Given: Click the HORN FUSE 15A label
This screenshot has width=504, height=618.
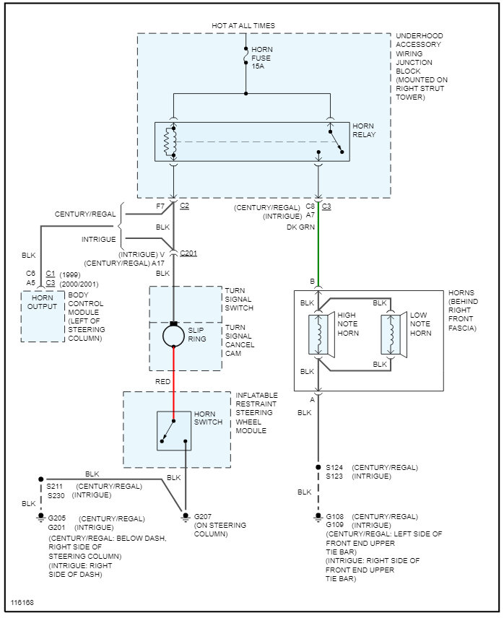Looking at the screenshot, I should [262, 58].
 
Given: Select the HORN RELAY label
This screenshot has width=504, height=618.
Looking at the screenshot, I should [364, 130].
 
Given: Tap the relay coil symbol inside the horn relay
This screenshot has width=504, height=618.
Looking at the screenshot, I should [171, 142].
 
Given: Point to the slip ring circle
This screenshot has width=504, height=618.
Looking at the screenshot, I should [174, 336].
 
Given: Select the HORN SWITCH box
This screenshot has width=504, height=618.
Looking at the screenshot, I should [174, 430].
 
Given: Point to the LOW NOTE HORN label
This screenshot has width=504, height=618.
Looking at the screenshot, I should [420, 324].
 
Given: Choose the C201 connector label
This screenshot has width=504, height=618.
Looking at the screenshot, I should [188, 253].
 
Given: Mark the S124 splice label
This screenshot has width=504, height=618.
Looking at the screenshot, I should [334, 467].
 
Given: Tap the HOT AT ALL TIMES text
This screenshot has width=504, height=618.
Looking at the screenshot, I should [243, 26].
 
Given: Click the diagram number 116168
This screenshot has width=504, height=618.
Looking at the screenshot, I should [22, 601].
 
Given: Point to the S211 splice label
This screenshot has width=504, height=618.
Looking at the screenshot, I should [56, 486].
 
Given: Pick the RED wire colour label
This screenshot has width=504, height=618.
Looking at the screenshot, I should [163, 380].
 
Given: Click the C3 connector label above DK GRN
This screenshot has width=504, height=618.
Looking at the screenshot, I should [326, 206].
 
